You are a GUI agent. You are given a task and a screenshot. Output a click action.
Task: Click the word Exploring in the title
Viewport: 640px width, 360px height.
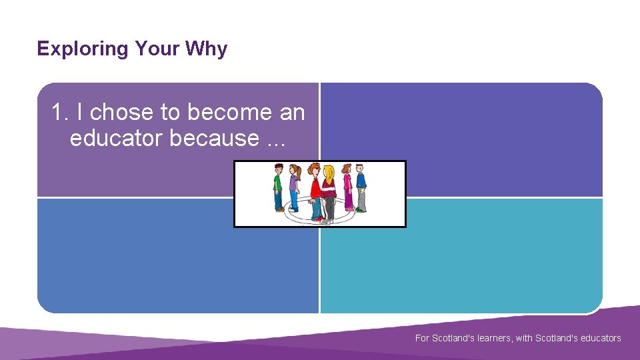coord(83,49)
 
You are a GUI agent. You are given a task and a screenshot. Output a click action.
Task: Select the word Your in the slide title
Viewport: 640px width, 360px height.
coord(157,49)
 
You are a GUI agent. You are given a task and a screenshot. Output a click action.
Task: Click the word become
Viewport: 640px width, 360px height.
coord(217,113)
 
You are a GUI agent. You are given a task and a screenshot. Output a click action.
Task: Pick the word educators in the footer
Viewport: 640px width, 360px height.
coord(597,338)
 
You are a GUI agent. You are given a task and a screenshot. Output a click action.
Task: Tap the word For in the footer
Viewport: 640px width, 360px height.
coord(422,338)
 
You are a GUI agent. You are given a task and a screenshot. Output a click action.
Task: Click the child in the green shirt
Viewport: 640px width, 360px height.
coord(278,187)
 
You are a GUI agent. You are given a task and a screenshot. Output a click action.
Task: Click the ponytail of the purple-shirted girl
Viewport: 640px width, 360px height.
coord(299,173)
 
